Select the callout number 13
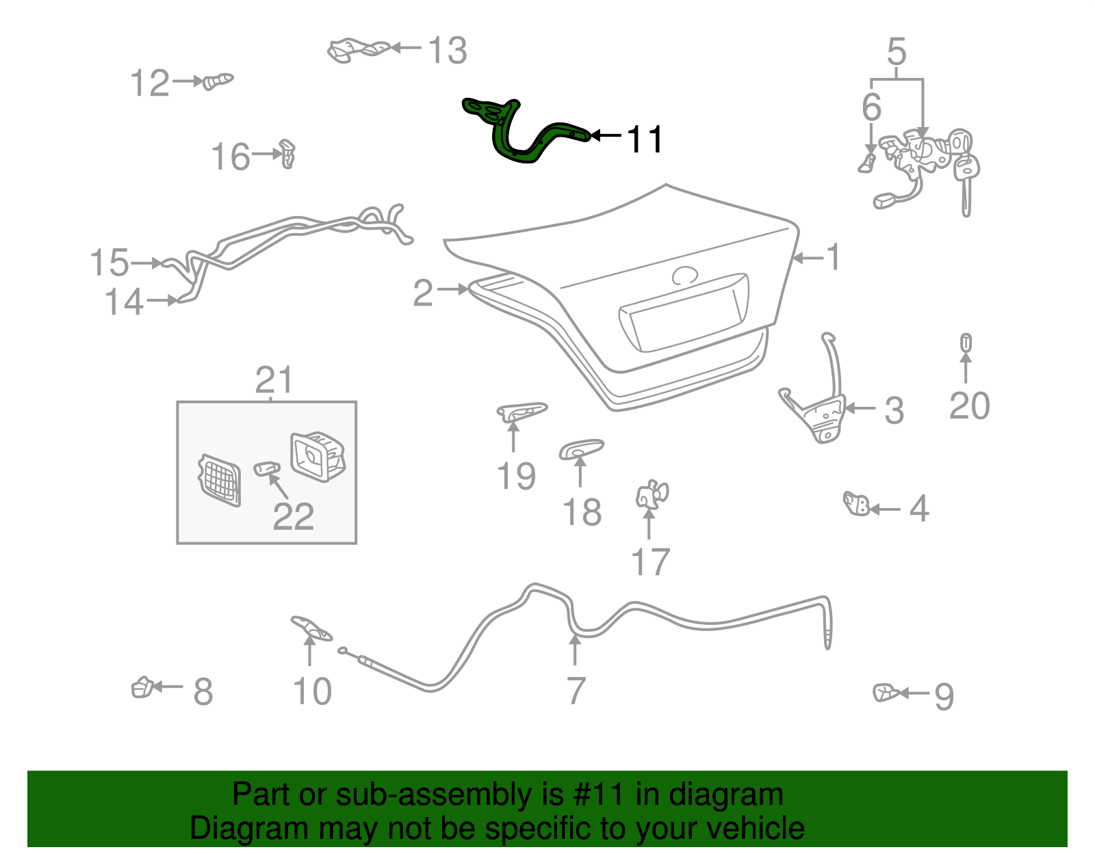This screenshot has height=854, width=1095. point(447,51)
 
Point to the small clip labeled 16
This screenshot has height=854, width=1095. point(288,154)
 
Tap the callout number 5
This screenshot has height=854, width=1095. point(897,52)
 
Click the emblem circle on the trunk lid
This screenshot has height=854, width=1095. point(684,276)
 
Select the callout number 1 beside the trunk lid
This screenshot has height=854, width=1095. point(832,258)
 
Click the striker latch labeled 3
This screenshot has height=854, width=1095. point(819,414)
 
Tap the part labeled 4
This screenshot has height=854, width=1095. point(856,505)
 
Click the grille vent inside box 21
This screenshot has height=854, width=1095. point(220,481)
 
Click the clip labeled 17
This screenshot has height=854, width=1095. point(651,495)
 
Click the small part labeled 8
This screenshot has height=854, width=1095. point(142,687)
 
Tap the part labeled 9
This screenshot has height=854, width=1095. point(886,693)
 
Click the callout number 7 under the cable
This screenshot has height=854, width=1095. point(576,691)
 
